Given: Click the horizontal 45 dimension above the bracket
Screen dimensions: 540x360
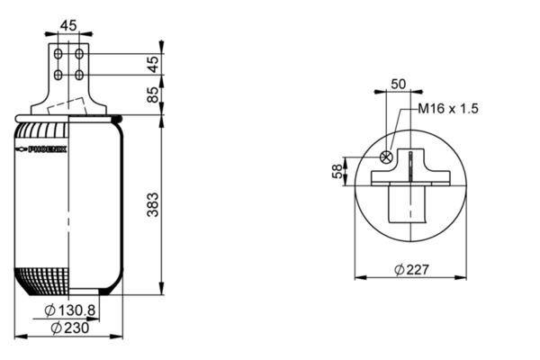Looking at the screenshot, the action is [x=68, y=25].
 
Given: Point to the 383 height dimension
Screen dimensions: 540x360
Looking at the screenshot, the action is [x=152, y=204].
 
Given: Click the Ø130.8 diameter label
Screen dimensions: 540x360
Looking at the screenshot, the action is [x=70, y=310].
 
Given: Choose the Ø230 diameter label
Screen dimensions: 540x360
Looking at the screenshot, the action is [x=70, y=328].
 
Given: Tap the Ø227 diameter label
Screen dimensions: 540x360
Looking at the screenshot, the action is [x=412, y=269].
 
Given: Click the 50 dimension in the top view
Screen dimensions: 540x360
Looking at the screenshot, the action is [x=399, y=84].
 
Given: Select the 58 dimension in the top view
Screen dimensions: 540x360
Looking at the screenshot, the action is [x=337, y=171].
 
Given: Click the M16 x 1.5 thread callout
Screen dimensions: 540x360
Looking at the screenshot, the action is [x=448, y=109].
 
